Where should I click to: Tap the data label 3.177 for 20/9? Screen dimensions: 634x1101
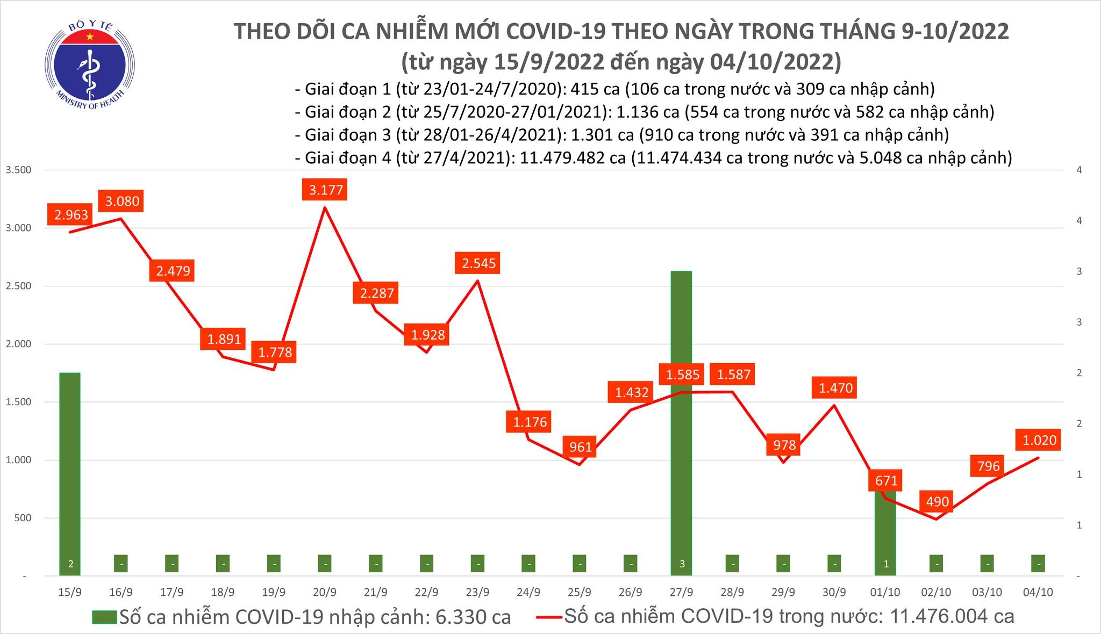click(x=326, y=190)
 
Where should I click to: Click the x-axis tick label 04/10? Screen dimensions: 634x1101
click(x=1038, y=592)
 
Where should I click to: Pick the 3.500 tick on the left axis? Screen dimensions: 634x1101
click(x=18, y=170)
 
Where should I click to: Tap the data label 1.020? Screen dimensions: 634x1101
click(x=1039, y=441)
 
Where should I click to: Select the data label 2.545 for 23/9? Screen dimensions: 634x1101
click(x=478, y=264)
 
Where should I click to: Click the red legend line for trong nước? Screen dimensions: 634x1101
click(x=549, y=617)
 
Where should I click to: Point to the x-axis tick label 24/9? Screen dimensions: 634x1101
click(x=528, y=592)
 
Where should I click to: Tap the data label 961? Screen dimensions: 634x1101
click(x=581, y=447)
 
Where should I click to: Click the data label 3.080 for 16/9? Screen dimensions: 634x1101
click(x=122, y=201)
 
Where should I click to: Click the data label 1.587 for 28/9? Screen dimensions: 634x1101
click(x=734, y=374)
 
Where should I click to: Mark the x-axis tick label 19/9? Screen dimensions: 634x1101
click(x=274, y=592)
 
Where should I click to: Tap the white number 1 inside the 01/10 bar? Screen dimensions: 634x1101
click(x=886, y=564)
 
